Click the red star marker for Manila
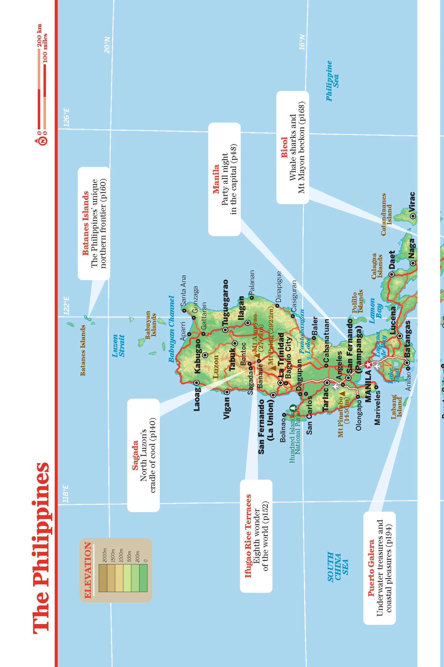pos(368,365)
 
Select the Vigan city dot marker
pos(227,392)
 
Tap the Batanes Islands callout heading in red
pos(85,224)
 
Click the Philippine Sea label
pos(332,81)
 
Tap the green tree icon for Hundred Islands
pos(292,408)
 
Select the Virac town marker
pos(413,216)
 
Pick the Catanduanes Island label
pos(386,214)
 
